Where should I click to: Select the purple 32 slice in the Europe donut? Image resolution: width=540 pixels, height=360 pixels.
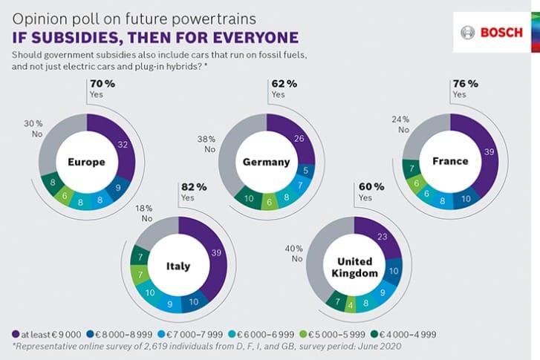tap(123, 145)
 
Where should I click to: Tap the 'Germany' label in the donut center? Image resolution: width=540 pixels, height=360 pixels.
tap(266, 162)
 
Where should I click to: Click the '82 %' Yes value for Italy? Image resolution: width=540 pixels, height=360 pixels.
tap(191, 187)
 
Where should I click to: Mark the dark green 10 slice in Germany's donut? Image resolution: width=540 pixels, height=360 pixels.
tap(248, 198)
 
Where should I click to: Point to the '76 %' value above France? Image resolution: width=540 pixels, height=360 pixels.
tap(464, 84)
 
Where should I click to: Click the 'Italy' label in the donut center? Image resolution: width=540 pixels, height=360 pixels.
tap(178, 266)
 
